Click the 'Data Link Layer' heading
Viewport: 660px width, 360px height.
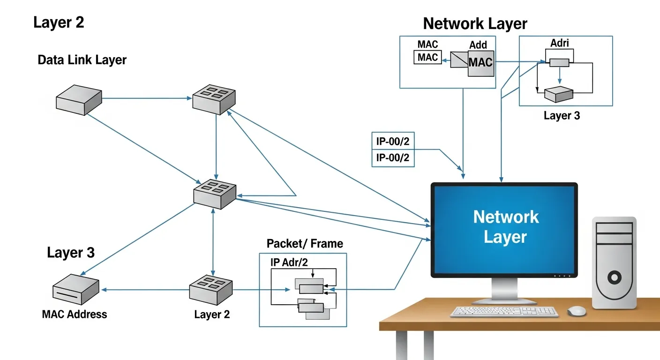point(82,60)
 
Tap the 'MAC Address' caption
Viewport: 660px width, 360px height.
point(75,315)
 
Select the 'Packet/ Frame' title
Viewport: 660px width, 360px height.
point(305,244)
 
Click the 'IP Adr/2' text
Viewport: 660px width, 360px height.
point(289,262)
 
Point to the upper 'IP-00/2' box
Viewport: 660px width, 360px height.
point(393,141)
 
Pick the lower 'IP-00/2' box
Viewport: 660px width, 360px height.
point(393,158)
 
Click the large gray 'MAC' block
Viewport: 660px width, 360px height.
point(481,63)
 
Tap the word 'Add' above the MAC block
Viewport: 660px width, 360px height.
point(478,45)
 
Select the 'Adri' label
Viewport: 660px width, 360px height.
point(560,43)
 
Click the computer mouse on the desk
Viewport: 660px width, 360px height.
point(577,311)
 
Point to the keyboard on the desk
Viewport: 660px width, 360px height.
point(504,312)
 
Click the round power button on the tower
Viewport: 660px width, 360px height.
point(615,277)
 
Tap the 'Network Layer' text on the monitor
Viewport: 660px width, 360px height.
point(506,227)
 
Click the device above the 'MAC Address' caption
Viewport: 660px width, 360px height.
point(76,289)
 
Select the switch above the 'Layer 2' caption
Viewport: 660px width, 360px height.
point(210,290)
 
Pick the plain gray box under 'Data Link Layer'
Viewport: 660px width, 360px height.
point(79,100)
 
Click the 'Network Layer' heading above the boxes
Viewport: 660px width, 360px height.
point(475,23)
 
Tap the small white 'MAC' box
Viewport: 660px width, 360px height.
point(427,57)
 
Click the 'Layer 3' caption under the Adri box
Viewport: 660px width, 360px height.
point(562,115)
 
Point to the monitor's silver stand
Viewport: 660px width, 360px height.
point(504,291)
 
